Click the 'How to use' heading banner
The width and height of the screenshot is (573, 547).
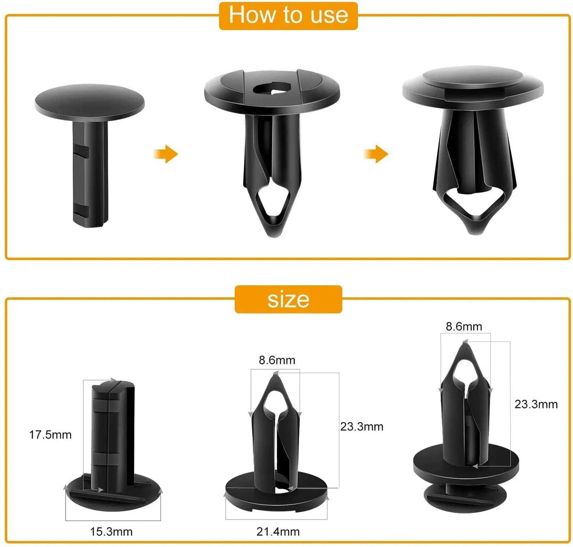288,15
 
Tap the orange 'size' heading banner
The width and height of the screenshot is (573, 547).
288,299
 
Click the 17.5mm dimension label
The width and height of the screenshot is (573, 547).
50,435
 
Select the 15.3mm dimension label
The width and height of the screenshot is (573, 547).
111,532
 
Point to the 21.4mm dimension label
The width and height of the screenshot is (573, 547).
278,532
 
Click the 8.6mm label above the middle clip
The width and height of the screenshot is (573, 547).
277,361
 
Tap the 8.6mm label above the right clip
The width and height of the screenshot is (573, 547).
464,326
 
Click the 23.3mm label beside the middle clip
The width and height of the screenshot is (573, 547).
362,427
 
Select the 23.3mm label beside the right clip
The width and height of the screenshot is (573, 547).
536,404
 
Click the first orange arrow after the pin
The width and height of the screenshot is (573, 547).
165,154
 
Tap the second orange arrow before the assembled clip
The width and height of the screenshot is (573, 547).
376,154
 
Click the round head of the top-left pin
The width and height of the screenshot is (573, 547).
89,100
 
